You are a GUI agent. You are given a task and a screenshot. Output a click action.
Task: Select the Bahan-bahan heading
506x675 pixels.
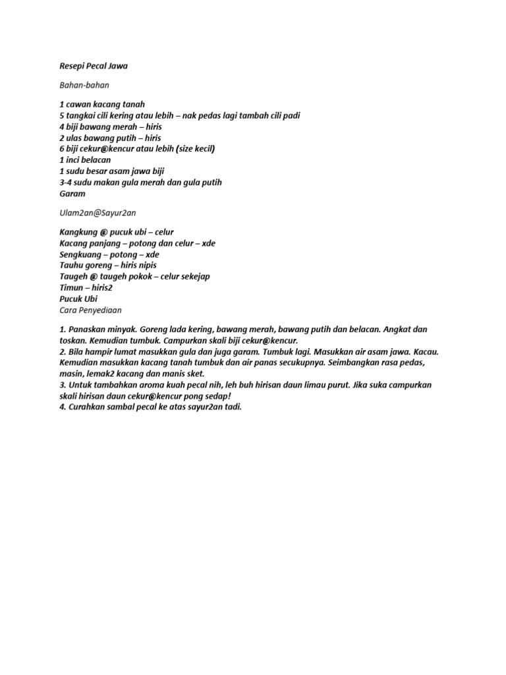[84, 85]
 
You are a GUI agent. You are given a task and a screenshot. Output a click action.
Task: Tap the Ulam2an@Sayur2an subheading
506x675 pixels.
[98, 213]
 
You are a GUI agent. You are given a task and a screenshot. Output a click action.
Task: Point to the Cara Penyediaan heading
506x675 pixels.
[90, 309]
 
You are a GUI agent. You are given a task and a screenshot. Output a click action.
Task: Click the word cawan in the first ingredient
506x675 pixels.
[79, 104]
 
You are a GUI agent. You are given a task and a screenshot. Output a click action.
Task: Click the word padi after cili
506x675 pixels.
[290, 115]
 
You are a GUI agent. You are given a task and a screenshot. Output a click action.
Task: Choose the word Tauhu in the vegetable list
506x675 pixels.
[71, 266]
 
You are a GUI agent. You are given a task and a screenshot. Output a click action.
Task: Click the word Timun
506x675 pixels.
[70, 287]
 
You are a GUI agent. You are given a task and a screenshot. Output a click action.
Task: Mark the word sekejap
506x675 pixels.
[193, 276]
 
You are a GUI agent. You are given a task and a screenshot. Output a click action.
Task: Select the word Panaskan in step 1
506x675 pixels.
[86, 329]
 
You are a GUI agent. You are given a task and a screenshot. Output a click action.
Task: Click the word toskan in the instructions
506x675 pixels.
[70, 340]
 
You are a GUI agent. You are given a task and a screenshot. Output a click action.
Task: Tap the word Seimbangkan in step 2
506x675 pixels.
[343, 363]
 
